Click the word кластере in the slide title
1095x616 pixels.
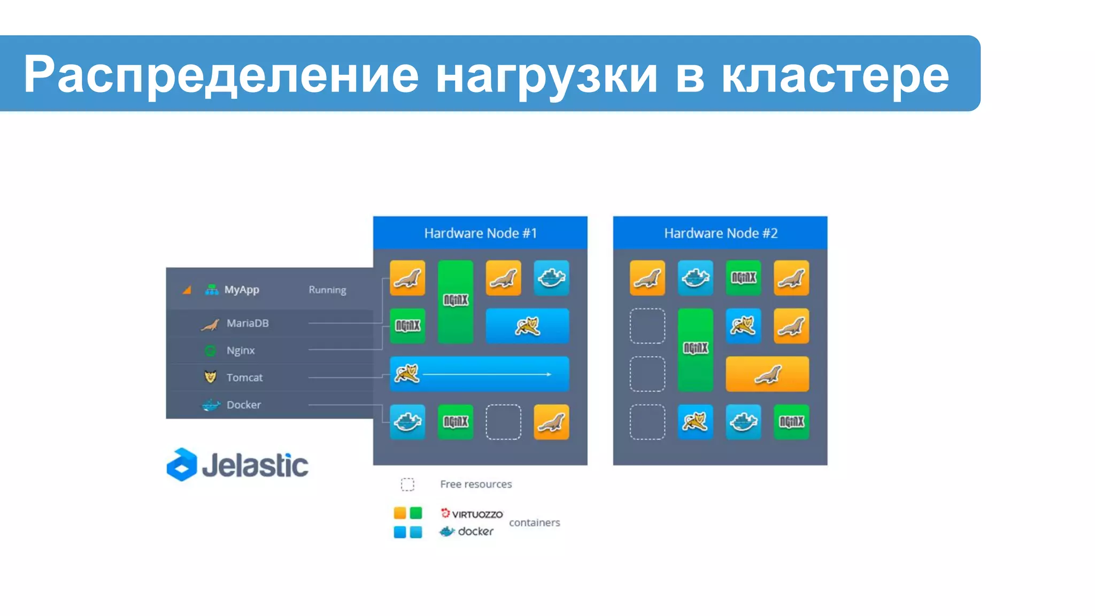pyautogui.click(x=835, y=75)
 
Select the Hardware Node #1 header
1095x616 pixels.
pyautogui.click(x=480, y=233)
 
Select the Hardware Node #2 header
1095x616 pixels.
pyautogui.click(x=720, y=233)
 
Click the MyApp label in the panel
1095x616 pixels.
pyautogui.click(x=241, y=289)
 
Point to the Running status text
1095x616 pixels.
pyautogui.click(x=327, y=290)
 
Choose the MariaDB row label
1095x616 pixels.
pyautogui.click(x=247, y=323)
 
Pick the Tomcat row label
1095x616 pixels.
pyautogui.click(x=244, y=378)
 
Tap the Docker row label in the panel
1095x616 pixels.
pyautogui.click(x=243, y=405)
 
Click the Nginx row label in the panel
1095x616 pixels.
pyautogui.click(x=240, y=350)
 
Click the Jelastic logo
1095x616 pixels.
pyautogui.click(x=237, y=465)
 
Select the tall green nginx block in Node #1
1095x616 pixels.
pyautogui.click(x=456, y=302)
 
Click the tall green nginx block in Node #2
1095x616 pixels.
pyautogui.click(x=695, y=350)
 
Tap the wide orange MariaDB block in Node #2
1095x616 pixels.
pyautogui.click(x=767, y=374)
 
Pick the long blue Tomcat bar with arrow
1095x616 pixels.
pyautogui.click(x=479, y=374)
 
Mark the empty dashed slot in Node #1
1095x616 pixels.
pyautogui.click(x=503, y=422)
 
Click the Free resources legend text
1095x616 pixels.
pyautogui.click(x=476, y=484)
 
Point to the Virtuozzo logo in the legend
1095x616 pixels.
pyautogui.click(x=472, y=514)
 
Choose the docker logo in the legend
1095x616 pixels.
pyautogui.click(x=466, y=531)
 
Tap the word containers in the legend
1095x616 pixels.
pyautogui.click(x=534, y=522)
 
